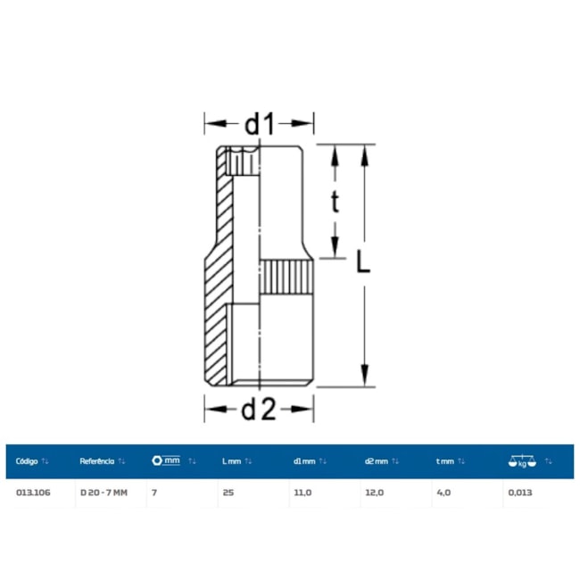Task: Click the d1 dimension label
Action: [260, 123]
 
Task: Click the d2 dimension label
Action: [259, 409]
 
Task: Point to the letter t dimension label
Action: [335, 202]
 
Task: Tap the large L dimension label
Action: [363, 261]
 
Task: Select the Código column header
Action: [27, 461]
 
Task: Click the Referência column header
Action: [97, 461]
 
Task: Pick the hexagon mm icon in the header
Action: [166, 460]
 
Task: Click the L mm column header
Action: [232, 461]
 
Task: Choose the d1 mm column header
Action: [304, 461]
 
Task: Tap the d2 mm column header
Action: [377, 461]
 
